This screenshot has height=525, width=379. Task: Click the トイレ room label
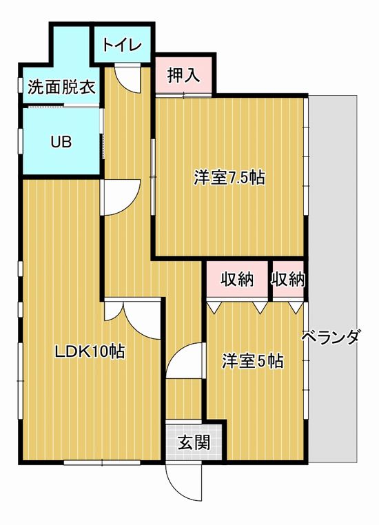click(122, 45)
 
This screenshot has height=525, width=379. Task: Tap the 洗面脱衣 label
click(62, 87)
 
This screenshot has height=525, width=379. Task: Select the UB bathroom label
click(61, 142)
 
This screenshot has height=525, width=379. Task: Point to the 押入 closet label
click(183, 75)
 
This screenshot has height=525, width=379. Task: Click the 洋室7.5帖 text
click(229, 178)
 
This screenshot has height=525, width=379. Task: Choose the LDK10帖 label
click(90, 351)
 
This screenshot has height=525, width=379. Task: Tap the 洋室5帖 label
click(253, 361)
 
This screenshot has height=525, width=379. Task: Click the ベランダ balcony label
click(331, 337)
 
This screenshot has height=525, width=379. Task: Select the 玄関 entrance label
click(194, 442)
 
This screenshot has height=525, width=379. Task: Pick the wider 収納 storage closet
click(237, 279)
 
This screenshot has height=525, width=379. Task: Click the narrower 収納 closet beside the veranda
click(288, 279)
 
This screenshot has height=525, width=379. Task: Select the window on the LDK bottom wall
click(102, 462)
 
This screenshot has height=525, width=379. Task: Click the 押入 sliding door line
click(183, 95)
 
